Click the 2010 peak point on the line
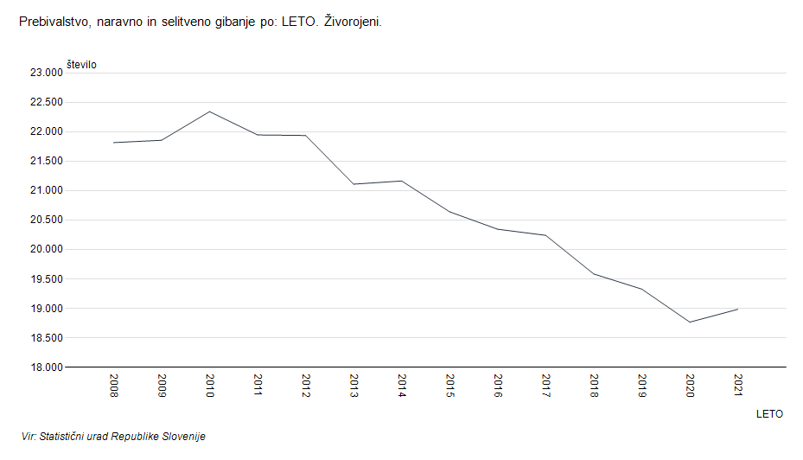(x=209, y=112)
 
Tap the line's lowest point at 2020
(x=690, y=322)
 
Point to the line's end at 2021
(x=737, y=309)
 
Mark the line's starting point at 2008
(x=113, y=143)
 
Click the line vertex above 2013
(x=354, y=184)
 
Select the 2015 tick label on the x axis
(x=450, y=385)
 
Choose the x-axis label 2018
(x=595, y=385)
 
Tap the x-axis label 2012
(x=306, y=385)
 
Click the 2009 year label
(x=162, y=385)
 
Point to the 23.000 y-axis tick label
(x=46, y=73)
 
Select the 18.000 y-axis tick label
(x=46, y=367)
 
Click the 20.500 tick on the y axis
(x=46, y=220)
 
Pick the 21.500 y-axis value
(x=46, y=162)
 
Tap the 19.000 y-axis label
(x=46, y=309)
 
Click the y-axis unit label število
(x=81, y=65)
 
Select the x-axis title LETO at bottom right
(x=769, y=414)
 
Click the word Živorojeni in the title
(x=353, y=21)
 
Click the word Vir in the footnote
(x=29, y=437)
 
